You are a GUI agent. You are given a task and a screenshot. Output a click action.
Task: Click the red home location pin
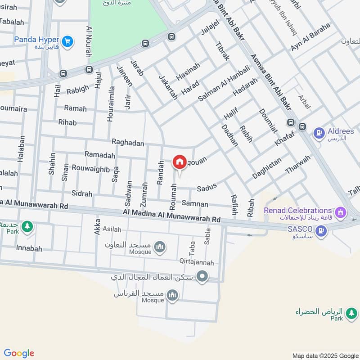[179, 162]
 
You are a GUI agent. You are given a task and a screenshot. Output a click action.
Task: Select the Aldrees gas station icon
[319, 133]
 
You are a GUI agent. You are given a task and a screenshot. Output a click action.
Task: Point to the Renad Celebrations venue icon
[341, 211]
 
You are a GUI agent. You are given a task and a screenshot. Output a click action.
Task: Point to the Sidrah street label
[81, 193]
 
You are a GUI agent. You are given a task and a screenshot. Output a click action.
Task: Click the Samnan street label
[195, 204]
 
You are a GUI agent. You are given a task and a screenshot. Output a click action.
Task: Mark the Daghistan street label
[267, 167]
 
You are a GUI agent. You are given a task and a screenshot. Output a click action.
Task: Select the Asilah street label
[112, 229]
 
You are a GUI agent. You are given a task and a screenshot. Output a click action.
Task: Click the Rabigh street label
[78, 90]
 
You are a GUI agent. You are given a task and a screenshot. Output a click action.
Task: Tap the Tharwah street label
[298, 165]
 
